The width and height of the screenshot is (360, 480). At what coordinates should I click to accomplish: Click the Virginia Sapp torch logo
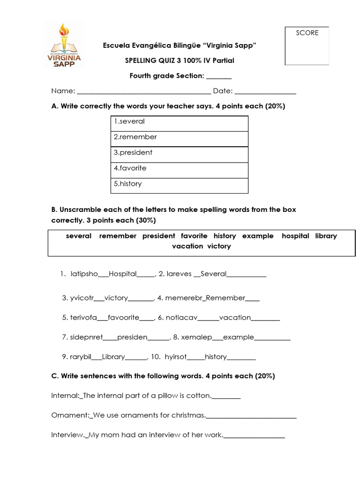[64, 45]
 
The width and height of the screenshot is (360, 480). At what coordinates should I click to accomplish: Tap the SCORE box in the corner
[307, 45]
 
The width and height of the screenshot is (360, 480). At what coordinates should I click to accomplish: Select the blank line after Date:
[265, 91]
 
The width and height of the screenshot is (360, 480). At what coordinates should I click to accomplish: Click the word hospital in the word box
[295, 236]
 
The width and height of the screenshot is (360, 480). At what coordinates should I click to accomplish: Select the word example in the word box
[258, 236]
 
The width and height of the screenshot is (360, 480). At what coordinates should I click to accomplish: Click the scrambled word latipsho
[84, 274]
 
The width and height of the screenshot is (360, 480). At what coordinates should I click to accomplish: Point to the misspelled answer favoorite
[123, 317]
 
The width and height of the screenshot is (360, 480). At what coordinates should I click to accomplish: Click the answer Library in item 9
[113, 357]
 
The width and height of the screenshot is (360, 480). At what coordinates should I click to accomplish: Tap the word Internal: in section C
[65, 396]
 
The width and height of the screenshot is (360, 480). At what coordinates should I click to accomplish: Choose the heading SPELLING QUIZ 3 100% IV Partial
[180, 60]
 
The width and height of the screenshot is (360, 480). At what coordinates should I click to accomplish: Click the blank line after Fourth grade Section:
[219, 76]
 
